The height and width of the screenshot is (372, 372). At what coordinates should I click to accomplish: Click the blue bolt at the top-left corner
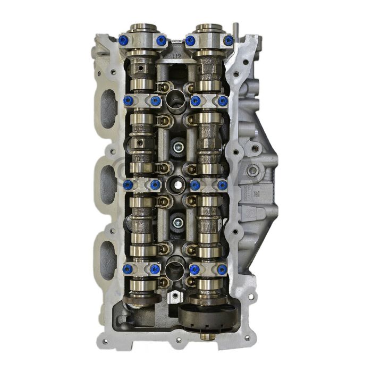click(x=124, y=40)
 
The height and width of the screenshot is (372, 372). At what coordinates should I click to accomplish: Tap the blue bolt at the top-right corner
click(x=229, y=40)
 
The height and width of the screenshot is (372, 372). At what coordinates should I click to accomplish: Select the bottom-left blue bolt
click(x=127, y=269)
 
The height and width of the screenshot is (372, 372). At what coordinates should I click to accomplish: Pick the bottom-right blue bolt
click(x=223, y=269)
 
